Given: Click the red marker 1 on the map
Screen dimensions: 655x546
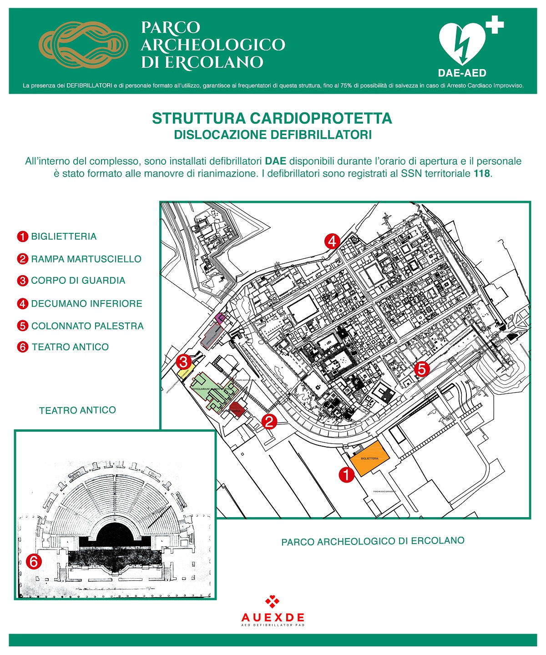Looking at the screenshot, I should pyautogui.click(x=347, y=475).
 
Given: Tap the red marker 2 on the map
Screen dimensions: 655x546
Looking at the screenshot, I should pyautogui.click(x=269, y=422).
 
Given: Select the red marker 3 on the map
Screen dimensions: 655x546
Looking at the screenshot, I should pyautogui.click(x=184, y=362).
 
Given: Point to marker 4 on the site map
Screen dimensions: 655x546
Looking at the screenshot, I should pyautogui.click(x=332, y=241).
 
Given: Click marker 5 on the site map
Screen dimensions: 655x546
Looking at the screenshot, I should pyautogui.click(x=422, y=368).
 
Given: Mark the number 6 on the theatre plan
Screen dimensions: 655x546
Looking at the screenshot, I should pyautogui.click(x=34, y=561).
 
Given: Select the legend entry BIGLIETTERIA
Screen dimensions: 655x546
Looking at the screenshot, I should pyautogui.click(x=64, y=237).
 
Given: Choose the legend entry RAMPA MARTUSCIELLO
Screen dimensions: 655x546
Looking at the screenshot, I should pyautogui.click(x=86, y=259).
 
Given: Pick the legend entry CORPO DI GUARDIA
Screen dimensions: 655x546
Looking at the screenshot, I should pyautogui.click(x=78, y=281).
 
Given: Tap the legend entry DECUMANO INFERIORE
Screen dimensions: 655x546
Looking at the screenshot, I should pyautogui.click(x=86, y=303).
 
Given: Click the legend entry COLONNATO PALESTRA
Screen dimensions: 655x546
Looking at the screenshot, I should pyautogui.click(x=87, y=326).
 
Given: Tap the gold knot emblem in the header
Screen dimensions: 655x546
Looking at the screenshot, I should pyautogui.click(x=83, y=45).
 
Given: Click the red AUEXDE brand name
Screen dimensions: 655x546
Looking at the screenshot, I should pyautogui.click(x=273, y=617).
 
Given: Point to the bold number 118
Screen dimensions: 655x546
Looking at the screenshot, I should pyautogui.click(x=482, y=173).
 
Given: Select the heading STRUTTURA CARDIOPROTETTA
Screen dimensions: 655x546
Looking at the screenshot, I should pyautogui.click(x=272, y=118).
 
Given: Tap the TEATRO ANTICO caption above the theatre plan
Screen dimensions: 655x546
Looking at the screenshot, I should pyautogui.click(x=77, y=410).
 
